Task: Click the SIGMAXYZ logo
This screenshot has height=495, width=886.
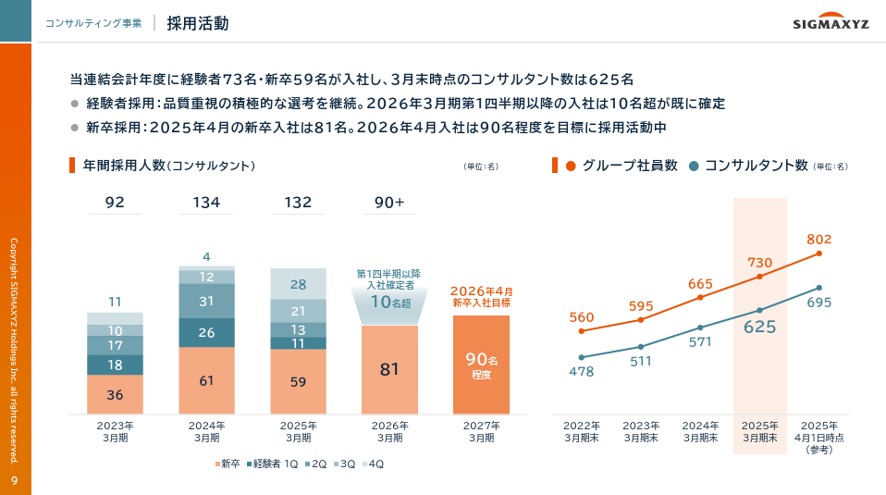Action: [831, 25]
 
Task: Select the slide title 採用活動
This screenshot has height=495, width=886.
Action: [198, 24]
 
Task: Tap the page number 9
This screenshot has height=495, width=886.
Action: [15, 480]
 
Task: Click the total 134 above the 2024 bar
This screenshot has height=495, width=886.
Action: [206, 203]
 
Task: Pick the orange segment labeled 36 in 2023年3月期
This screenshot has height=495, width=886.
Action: [115, 394]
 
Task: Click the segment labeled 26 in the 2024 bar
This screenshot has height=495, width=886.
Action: [206, 332]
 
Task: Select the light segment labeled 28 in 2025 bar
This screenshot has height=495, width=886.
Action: [298, 285]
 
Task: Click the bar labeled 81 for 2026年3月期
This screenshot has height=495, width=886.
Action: [389, 369]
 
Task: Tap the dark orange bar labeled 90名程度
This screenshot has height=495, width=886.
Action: [481, 365]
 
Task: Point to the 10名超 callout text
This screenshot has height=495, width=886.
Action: [389, 302]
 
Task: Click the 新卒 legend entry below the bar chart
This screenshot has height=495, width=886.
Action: [228, 464]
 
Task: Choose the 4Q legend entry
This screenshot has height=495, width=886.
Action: [373, 464]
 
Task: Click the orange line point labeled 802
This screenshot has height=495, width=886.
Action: [818, 254]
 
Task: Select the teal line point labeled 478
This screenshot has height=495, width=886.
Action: [582, 357]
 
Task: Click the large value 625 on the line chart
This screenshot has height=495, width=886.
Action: [760, 328]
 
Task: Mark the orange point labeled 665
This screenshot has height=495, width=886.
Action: [700, 297]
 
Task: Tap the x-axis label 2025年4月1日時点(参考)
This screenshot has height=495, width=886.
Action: [818, 437]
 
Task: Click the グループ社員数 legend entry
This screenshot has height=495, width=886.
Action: [620, 166]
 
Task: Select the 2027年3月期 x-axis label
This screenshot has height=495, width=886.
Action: [481, 431]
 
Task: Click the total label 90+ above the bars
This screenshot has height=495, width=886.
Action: [389, 203]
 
